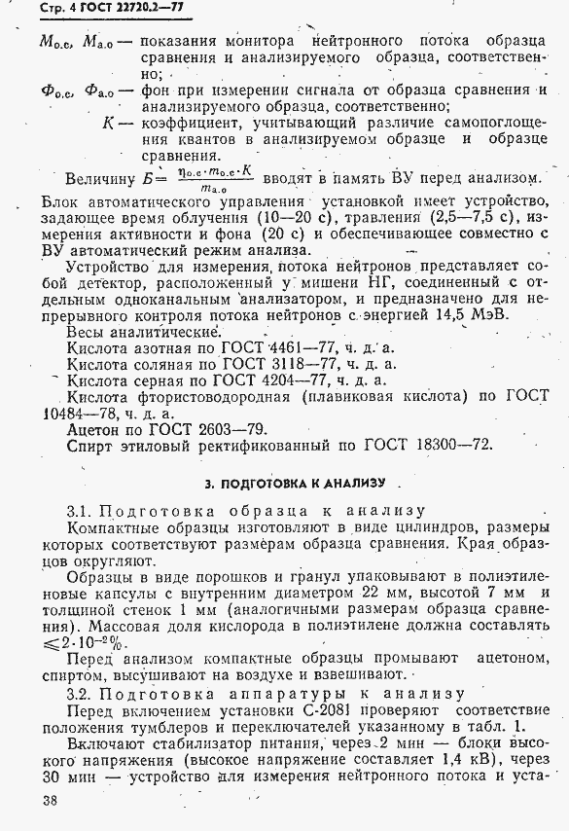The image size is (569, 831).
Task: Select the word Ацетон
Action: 95,429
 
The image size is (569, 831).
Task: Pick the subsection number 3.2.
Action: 80,693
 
